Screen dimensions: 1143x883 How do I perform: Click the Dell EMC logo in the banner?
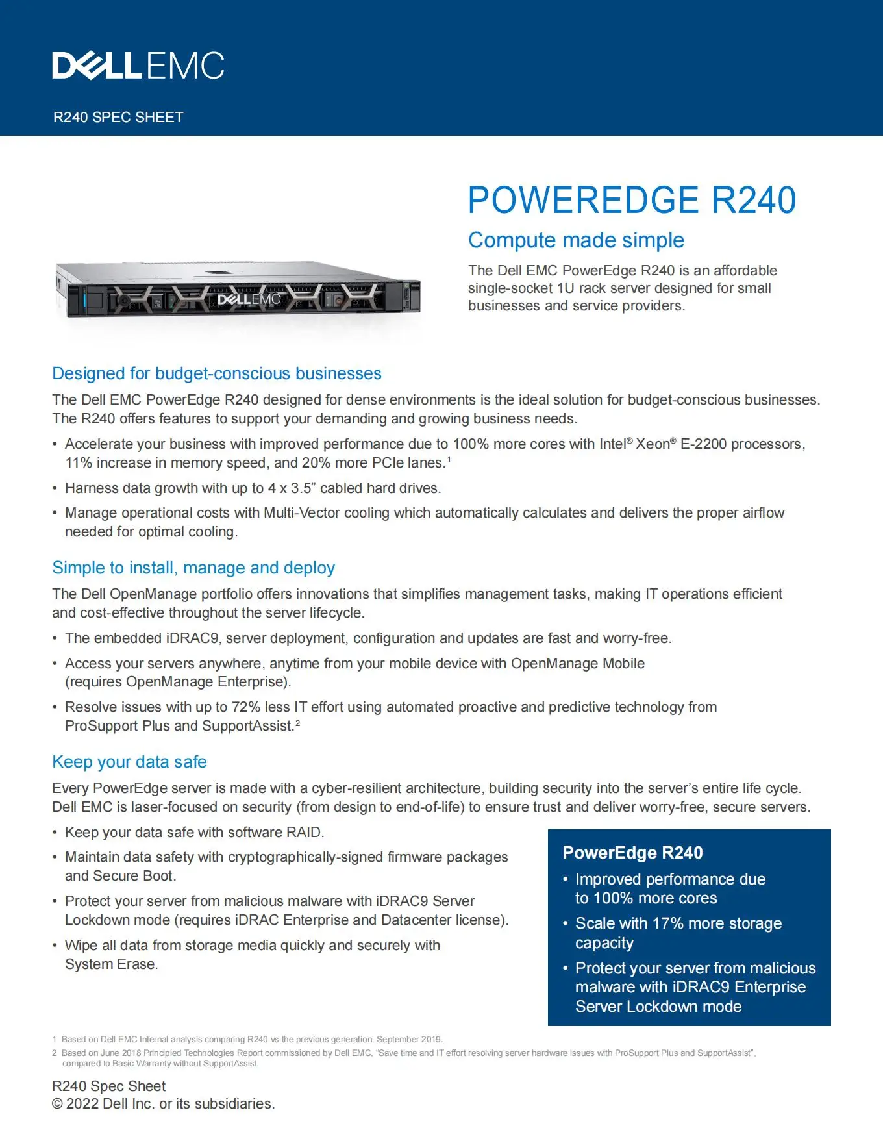[138, 66]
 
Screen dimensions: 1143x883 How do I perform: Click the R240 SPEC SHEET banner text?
[118, 118]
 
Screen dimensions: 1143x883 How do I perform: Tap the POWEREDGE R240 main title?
[631, 200]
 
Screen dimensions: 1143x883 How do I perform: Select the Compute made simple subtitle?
[576, 240]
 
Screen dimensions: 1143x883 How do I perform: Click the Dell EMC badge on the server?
[249, 299]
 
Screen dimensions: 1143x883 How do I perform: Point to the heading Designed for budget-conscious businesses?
[216, 374]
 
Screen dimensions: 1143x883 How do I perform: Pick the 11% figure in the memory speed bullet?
[78, 463]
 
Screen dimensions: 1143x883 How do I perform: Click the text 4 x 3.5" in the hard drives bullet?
[292, 488]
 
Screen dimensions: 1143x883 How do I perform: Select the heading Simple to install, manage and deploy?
[193, 568]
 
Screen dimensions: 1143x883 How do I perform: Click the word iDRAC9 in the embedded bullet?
[192, 638]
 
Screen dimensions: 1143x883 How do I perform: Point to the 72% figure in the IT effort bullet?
[246, 707]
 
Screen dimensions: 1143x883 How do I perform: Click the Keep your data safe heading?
[129, 762]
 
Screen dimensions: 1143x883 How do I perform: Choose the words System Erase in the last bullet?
[110, 964]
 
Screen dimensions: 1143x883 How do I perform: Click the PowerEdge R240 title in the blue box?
[632, 853]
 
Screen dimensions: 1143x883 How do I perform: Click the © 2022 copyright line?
[163, 1104]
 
